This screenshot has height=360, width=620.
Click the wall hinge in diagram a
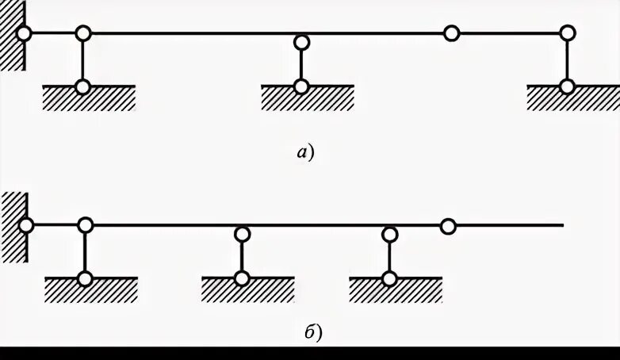tap(24, 33)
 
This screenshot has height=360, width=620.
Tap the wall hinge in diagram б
tap(26, 225)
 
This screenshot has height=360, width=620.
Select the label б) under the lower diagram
tap(312, 334)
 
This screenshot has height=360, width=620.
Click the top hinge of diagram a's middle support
tap(301, 42)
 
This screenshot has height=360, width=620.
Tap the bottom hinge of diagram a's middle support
tap(301, 86)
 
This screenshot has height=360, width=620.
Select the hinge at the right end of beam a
tap(567, 33)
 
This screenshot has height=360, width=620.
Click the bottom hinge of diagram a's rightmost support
tap(567, 86)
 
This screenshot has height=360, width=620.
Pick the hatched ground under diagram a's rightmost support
tap(572, 98)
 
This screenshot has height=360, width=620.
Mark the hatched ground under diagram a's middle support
tap(307, 98)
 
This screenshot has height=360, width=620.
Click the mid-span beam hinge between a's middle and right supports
tap(451, 33)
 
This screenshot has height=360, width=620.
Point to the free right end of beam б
tap(561, 226)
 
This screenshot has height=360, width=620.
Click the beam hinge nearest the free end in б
tap(448, 227)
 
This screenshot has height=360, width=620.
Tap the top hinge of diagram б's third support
tap(389, 234)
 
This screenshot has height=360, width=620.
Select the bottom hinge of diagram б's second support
tap(243, 278)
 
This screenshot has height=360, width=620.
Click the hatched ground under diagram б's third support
tap(395, 290)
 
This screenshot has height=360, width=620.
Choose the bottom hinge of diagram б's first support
tap(85, 278)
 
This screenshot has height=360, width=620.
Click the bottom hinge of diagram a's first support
tap(82, 86)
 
